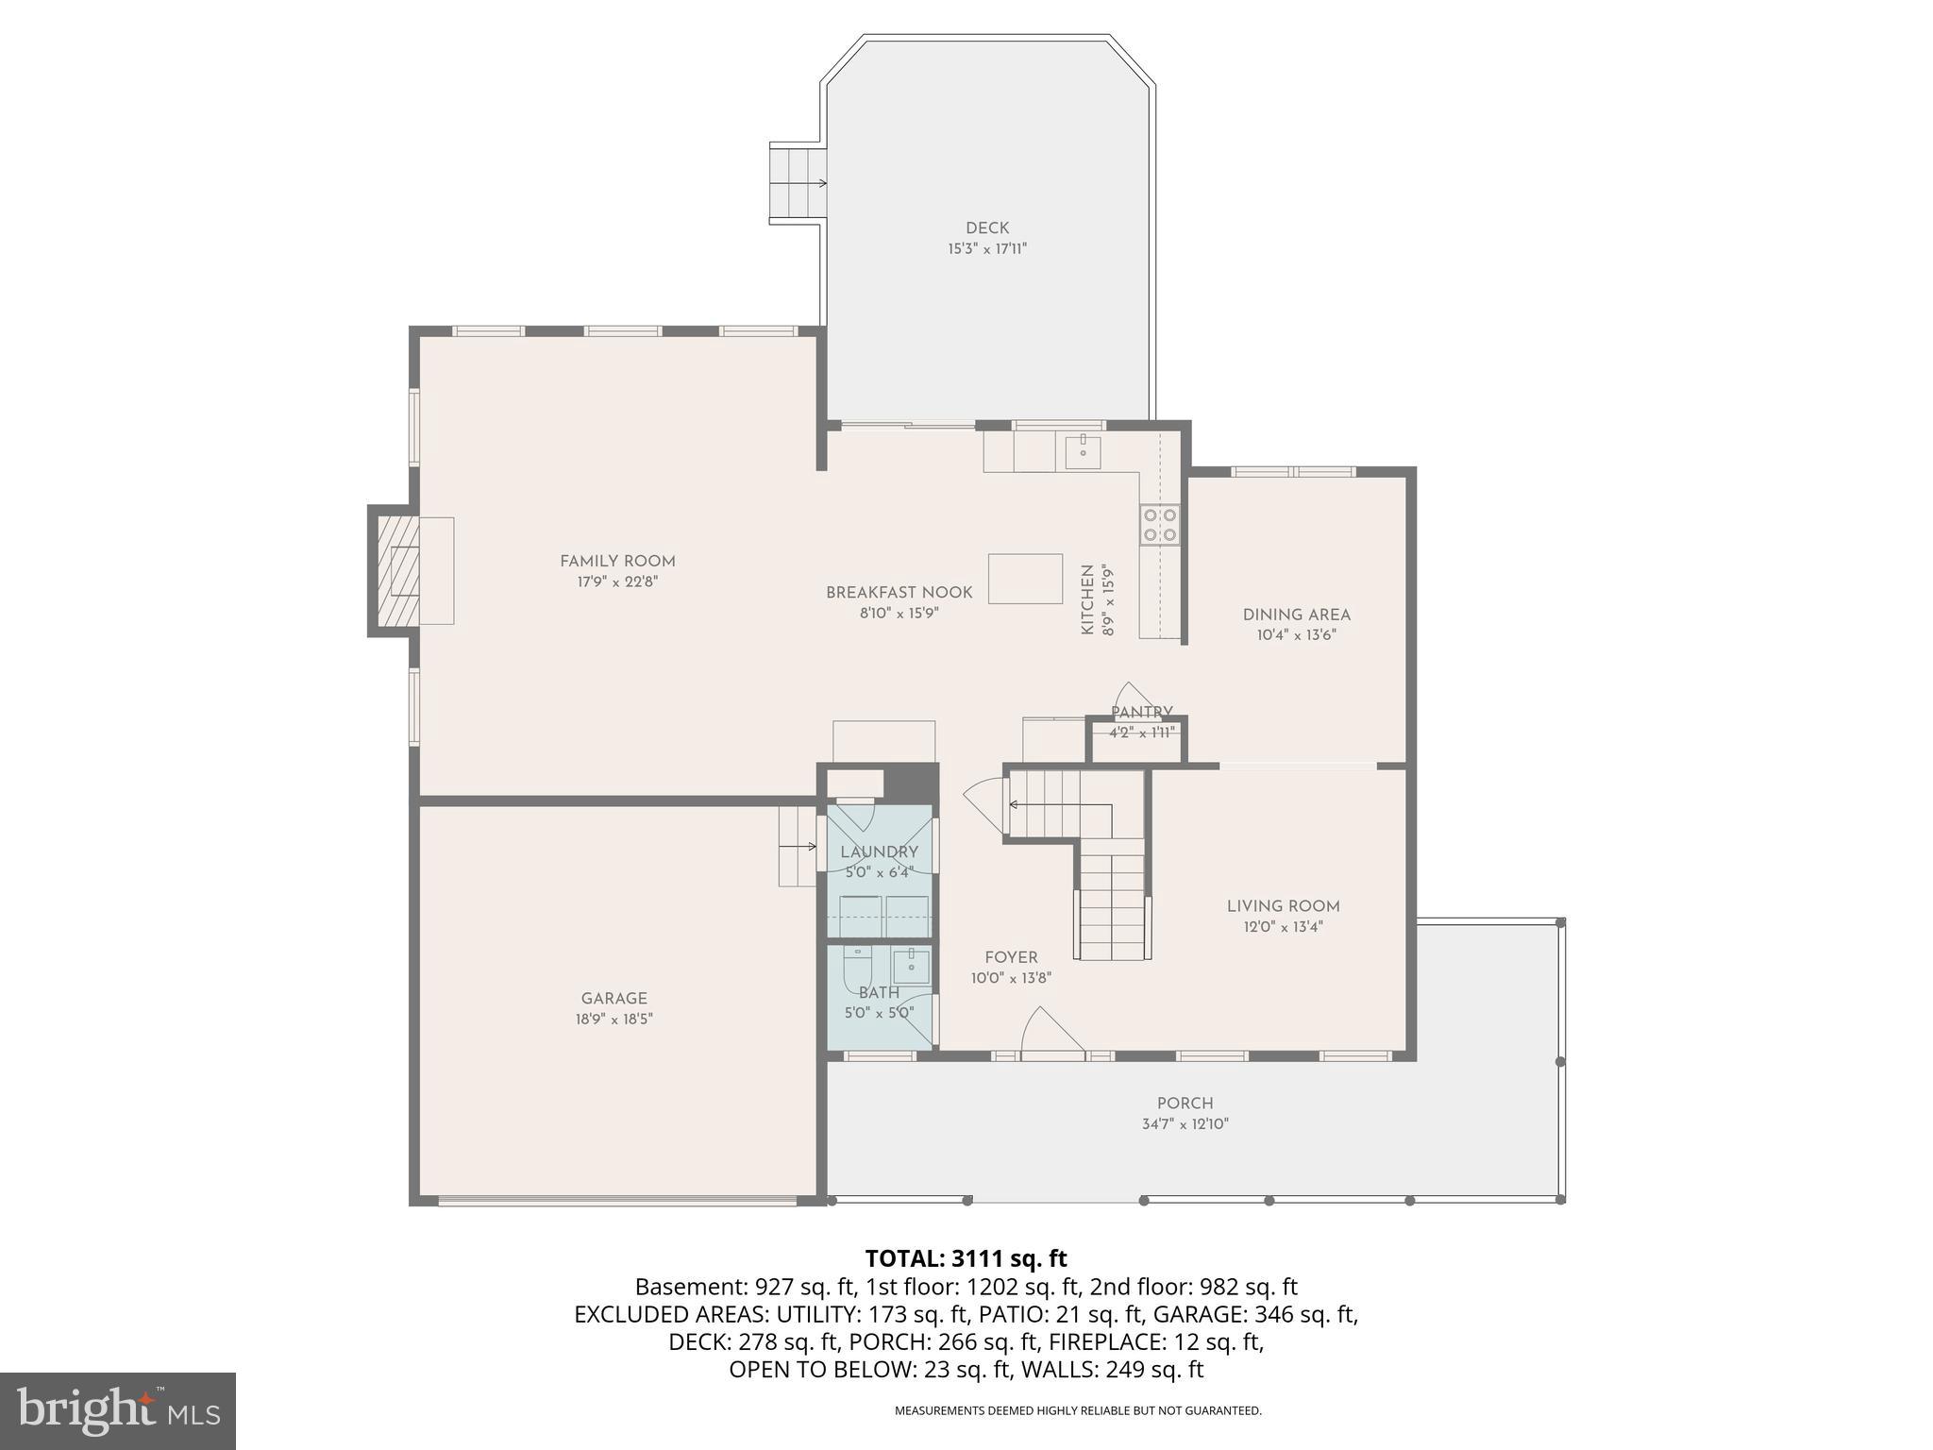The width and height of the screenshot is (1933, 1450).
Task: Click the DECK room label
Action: tap(987, 228)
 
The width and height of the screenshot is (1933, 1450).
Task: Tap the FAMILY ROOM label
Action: tap(617, 561)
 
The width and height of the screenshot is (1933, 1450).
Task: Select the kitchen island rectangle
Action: tap(1025, 579)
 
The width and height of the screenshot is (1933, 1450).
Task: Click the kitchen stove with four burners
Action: tap(1159, 525)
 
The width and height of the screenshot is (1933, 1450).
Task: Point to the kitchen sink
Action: tap(1083, 452)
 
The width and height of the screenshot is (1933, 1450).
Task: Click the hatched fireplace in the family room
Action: tap(397, 570)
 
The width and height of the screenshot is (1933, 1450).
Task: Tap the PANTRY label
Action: tap(1142, 713)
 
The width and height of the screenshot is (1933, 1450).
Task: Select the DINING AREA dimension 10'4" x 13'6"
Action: tap(1296, 635)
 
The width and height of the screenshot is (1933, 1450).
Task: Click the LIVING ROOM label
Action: tap(1283, 906)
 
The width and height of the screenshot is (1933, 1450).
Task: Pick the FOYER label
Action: tap(1011, 957)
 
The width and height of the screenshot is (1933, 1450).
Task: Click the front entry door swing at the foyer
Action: tap(1048, 1031)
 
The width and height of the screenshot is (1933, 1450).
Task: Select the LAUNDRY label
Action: tap(879, 852)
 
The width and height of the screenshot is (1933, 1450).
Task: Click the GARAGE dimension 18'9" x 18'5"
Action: tap(614, 1020)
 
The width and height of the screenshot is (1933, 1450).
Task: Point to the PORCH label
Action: tap(1185, 1104)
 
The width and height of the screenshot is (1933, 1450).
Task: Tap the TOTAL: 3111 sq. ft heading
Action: tap(966, 1258)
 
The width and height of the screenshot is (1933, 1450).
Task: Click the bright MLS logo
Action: tap(117, 1410)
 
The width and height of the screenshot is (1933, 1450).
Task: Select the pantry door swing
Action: tap(1129, 698)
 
